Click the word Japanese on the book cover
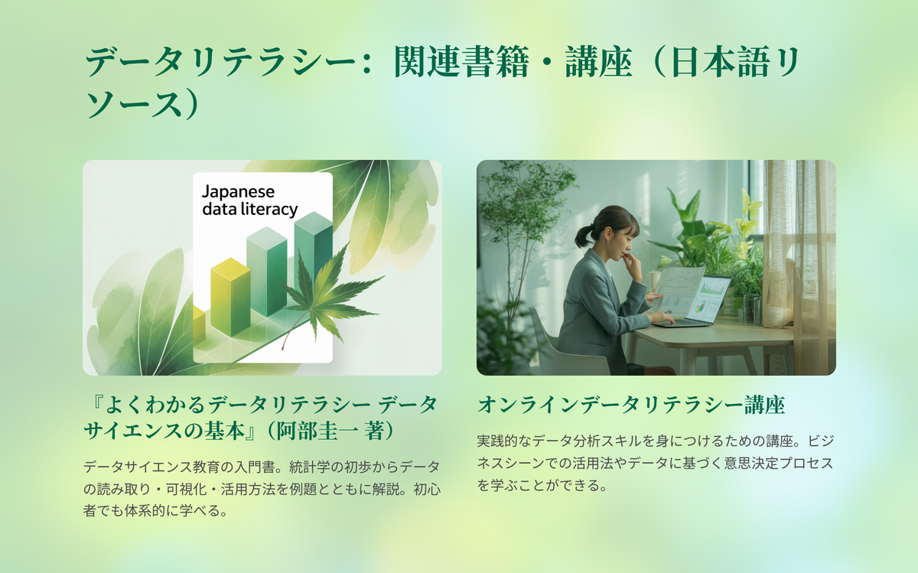point(238,192)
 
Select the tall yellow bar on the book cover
point(230,297)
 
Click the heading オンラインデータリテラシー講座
point(631,405)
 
